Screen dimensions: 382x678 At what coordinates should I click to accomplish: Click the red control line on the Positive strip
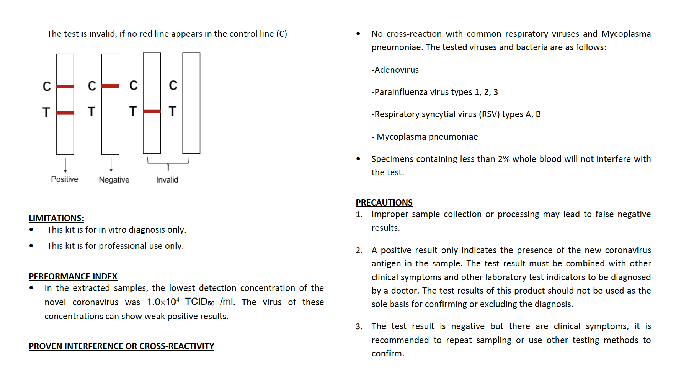click(65, 86)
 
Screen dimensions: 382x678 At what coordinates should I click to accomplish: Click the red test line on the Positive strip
click(65, 113)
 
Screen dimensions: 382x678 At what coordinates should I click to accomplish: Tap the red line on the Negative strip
click(110, 86)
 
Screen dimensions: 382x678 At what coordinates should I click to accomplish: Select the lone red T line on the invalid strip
click(152, 111)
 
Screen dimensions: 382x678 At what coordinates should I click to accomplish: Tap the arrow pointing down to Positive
click(65, 165)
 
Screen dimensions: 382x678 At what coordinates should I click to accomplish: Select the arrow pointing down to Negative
click(111, 164)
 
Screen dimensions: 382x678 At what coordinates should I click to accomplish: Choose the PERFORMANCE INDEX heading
click(73, 276)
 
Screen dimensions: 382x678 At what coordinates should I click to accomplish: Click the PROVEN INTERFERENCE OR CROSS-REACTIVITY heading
click(121, 346)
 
